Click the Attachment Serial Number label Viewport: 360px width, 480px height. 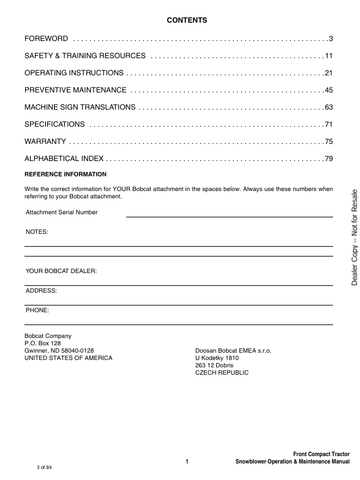tap(62, 212)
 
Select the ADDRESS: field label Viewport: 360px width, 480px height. tap(42, 290)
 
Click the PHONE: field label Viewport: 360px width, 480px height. tap(38, 310)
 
